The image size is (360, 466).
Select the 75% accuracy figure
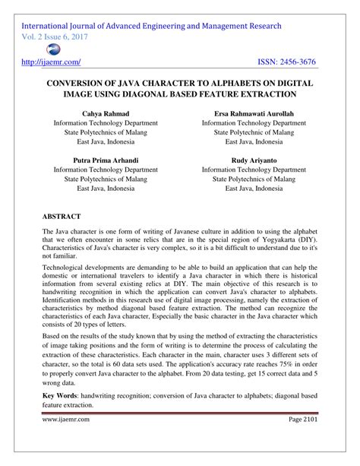[280, 364]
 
